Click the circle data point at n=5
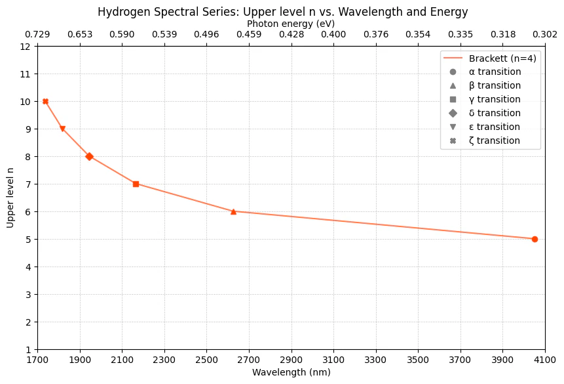click(535, 240)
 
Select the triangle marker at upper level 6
click(233, 211)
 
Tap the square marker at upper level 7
click(136, 184)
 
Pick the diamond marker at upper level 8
click(89, 156)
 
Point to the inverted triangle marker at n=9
click(63, 129)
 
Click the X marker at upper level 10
click(45, 101)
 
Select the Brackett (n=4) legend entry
click(490, 58)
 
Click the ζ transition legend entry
click(485, 140)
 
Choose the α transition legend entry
click(485, 72)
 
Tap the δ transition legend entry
click(485, 113)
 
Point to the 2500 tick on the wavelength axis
click(206, 360)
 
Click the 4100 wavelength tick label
click(545, 360)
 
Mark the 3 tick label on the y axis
click(28, 295)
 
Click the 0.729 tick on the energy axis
click(37, 35)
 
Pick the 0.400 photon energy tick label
click(333, 35)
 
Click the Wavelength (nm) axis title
click(291, 372)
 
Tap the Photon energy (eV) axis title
click(291, 24)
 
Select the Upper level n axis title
click(10, 198)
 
